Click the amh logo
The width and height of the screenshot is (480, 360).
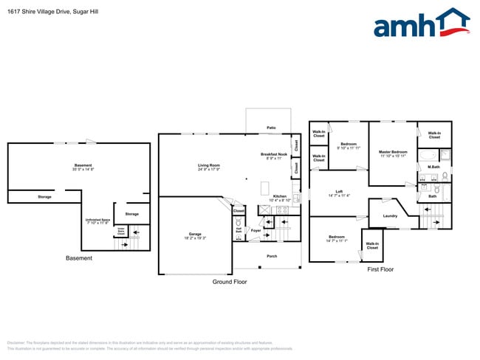[421, 24]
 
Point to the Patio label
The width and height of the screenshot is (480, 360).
[272, 128]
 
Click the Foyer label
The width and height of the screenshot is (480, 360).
[256, 231]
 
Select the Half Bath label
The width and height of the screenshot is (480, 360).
[239, 229]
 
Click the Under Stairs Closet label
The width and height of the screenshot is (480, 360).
[120, 230]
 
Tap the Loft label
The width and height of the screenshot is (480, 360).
[339, 192]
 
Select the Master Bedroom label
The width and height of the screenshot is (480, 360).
[394, 152]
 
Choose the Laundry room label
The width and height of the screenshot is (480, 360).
[391, 216]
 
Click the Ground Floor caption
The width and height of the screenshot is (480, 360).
[230, 282]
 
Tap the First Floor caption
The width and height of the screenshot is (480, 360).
[380, 270]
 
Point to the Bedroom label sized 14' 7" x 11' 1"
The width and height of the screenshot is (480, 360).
[337, 238]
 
